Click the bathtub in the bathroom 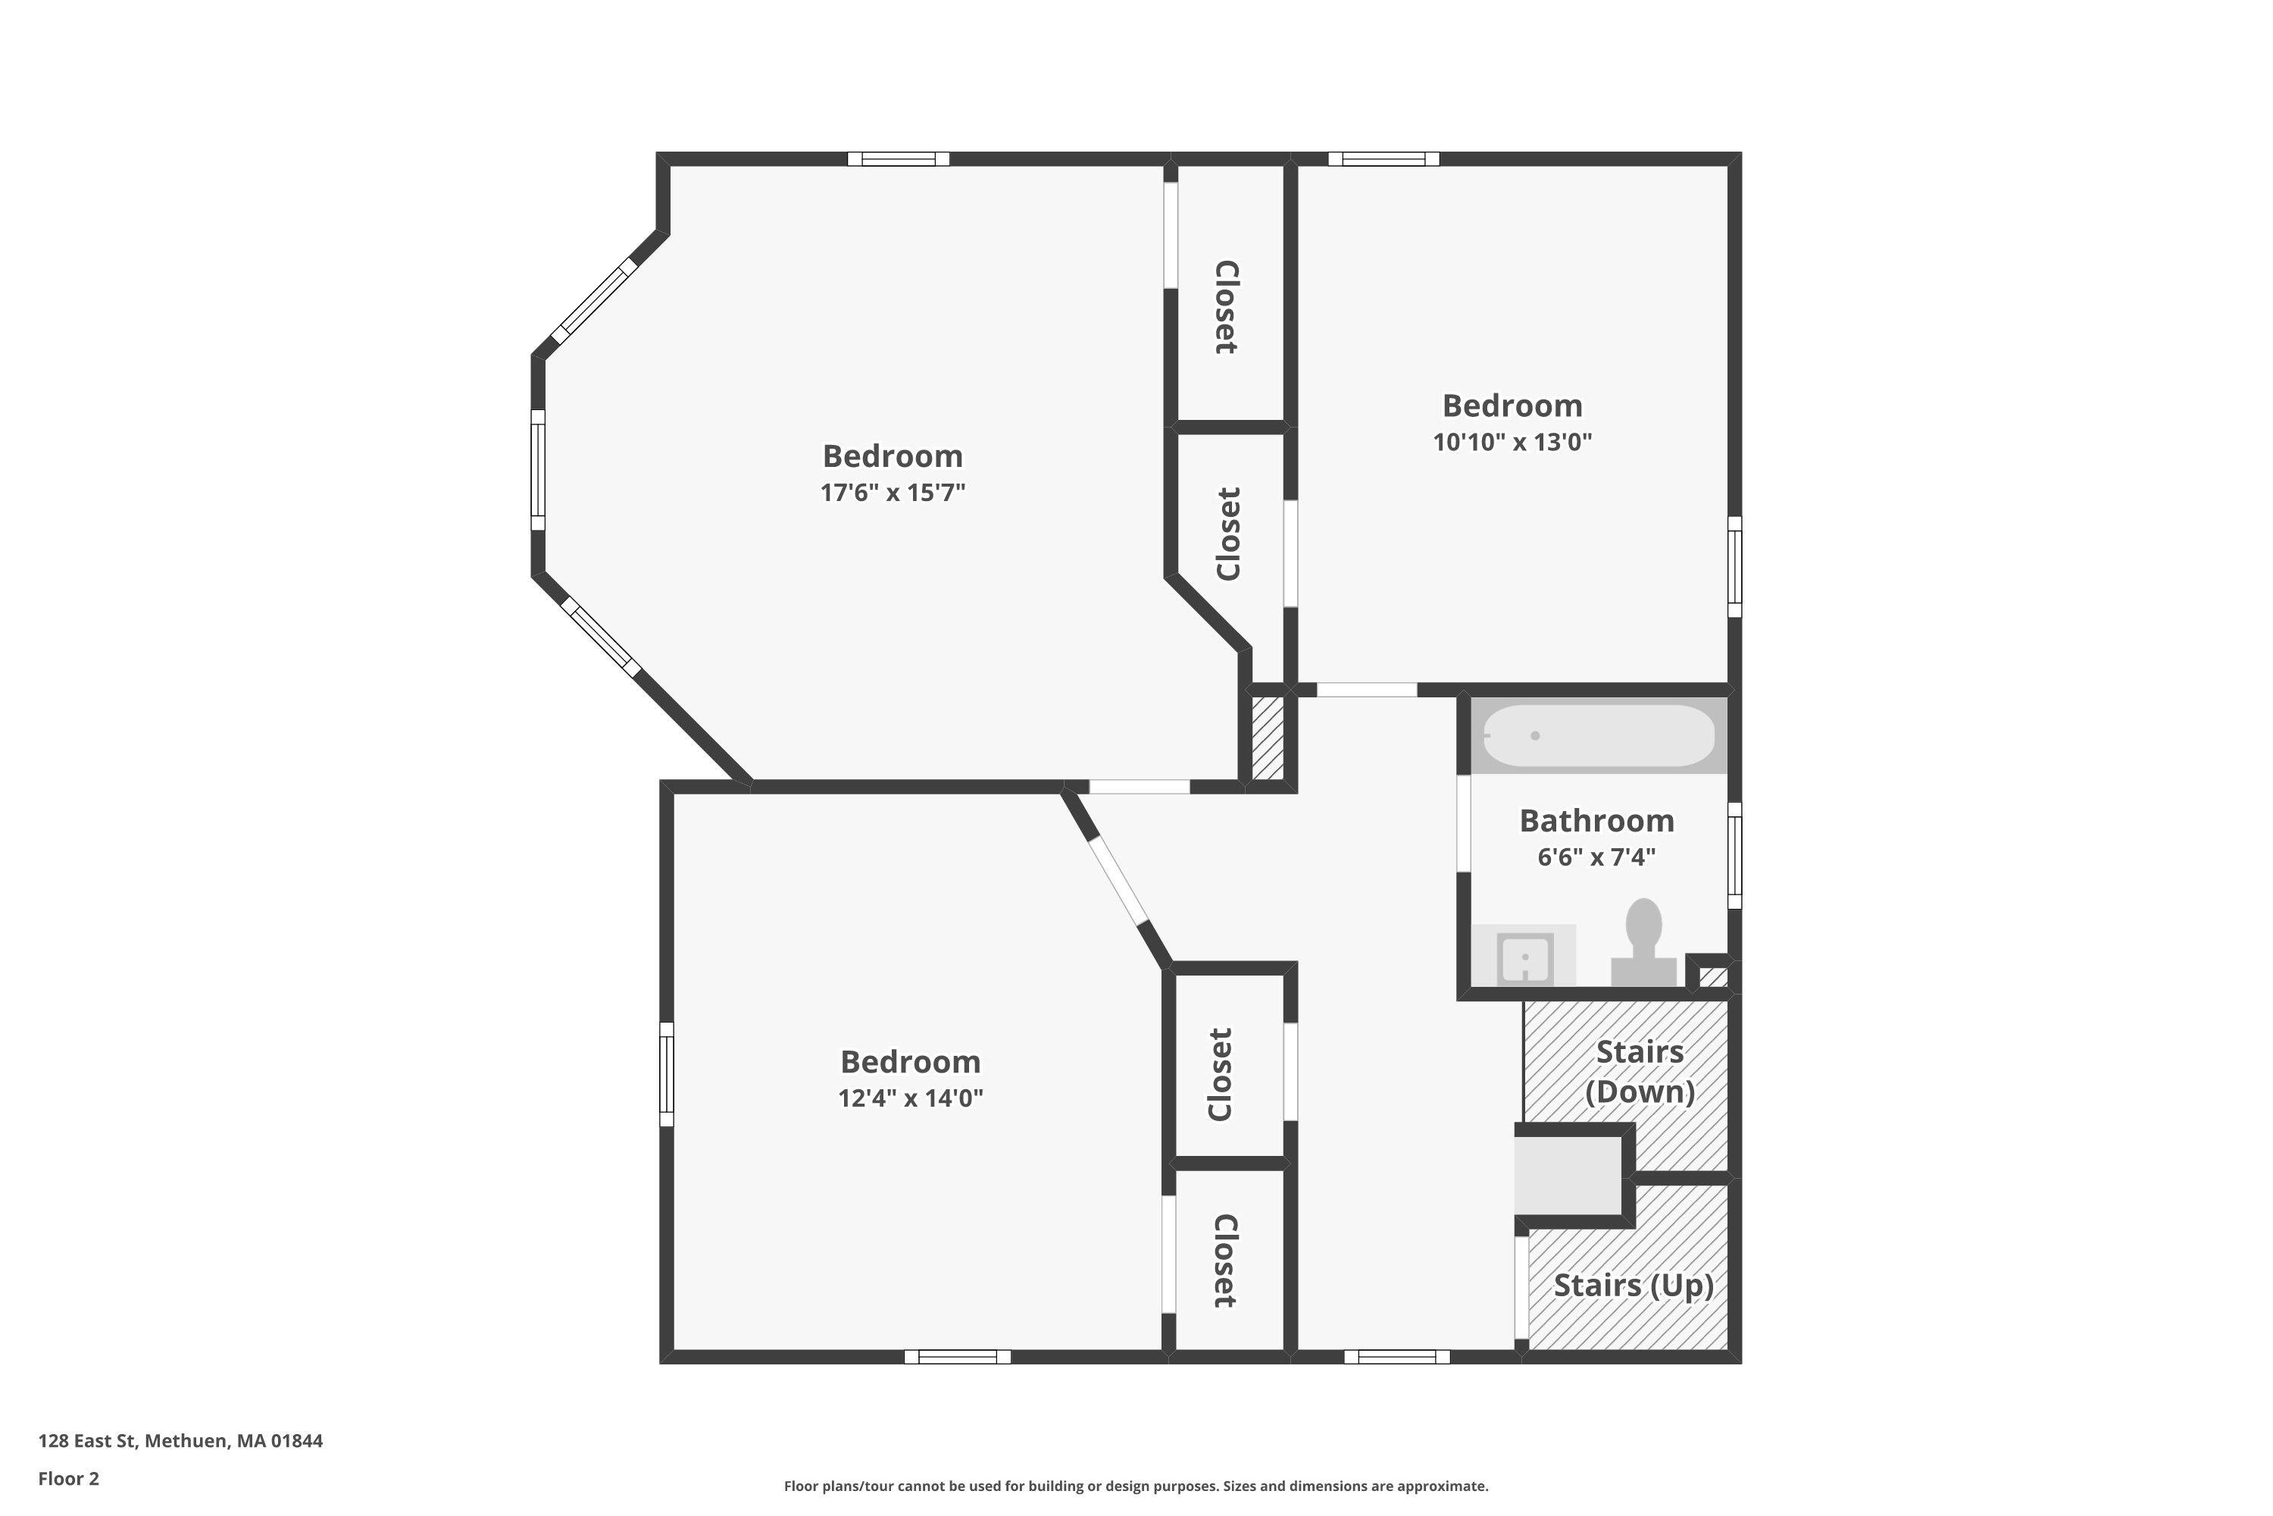[1599, 736]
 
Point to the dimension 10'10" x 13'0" [1512, 443]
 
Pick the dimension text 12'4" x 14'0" [911, 1098]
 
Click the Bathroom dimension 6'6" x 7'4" [1596, 857]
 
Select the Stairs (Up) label [1634, 1286]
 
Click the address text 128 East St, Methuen [181, 1441]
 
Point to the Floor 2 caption [69, 1478]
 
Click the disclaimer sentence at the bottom [1136, 1486]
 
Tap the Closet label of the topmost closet [1225, 308]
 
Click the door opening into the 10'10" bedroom [1367, 689]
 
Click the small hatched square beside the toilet [1712, 976]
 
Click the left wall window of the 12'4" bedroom [667, 1075]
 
